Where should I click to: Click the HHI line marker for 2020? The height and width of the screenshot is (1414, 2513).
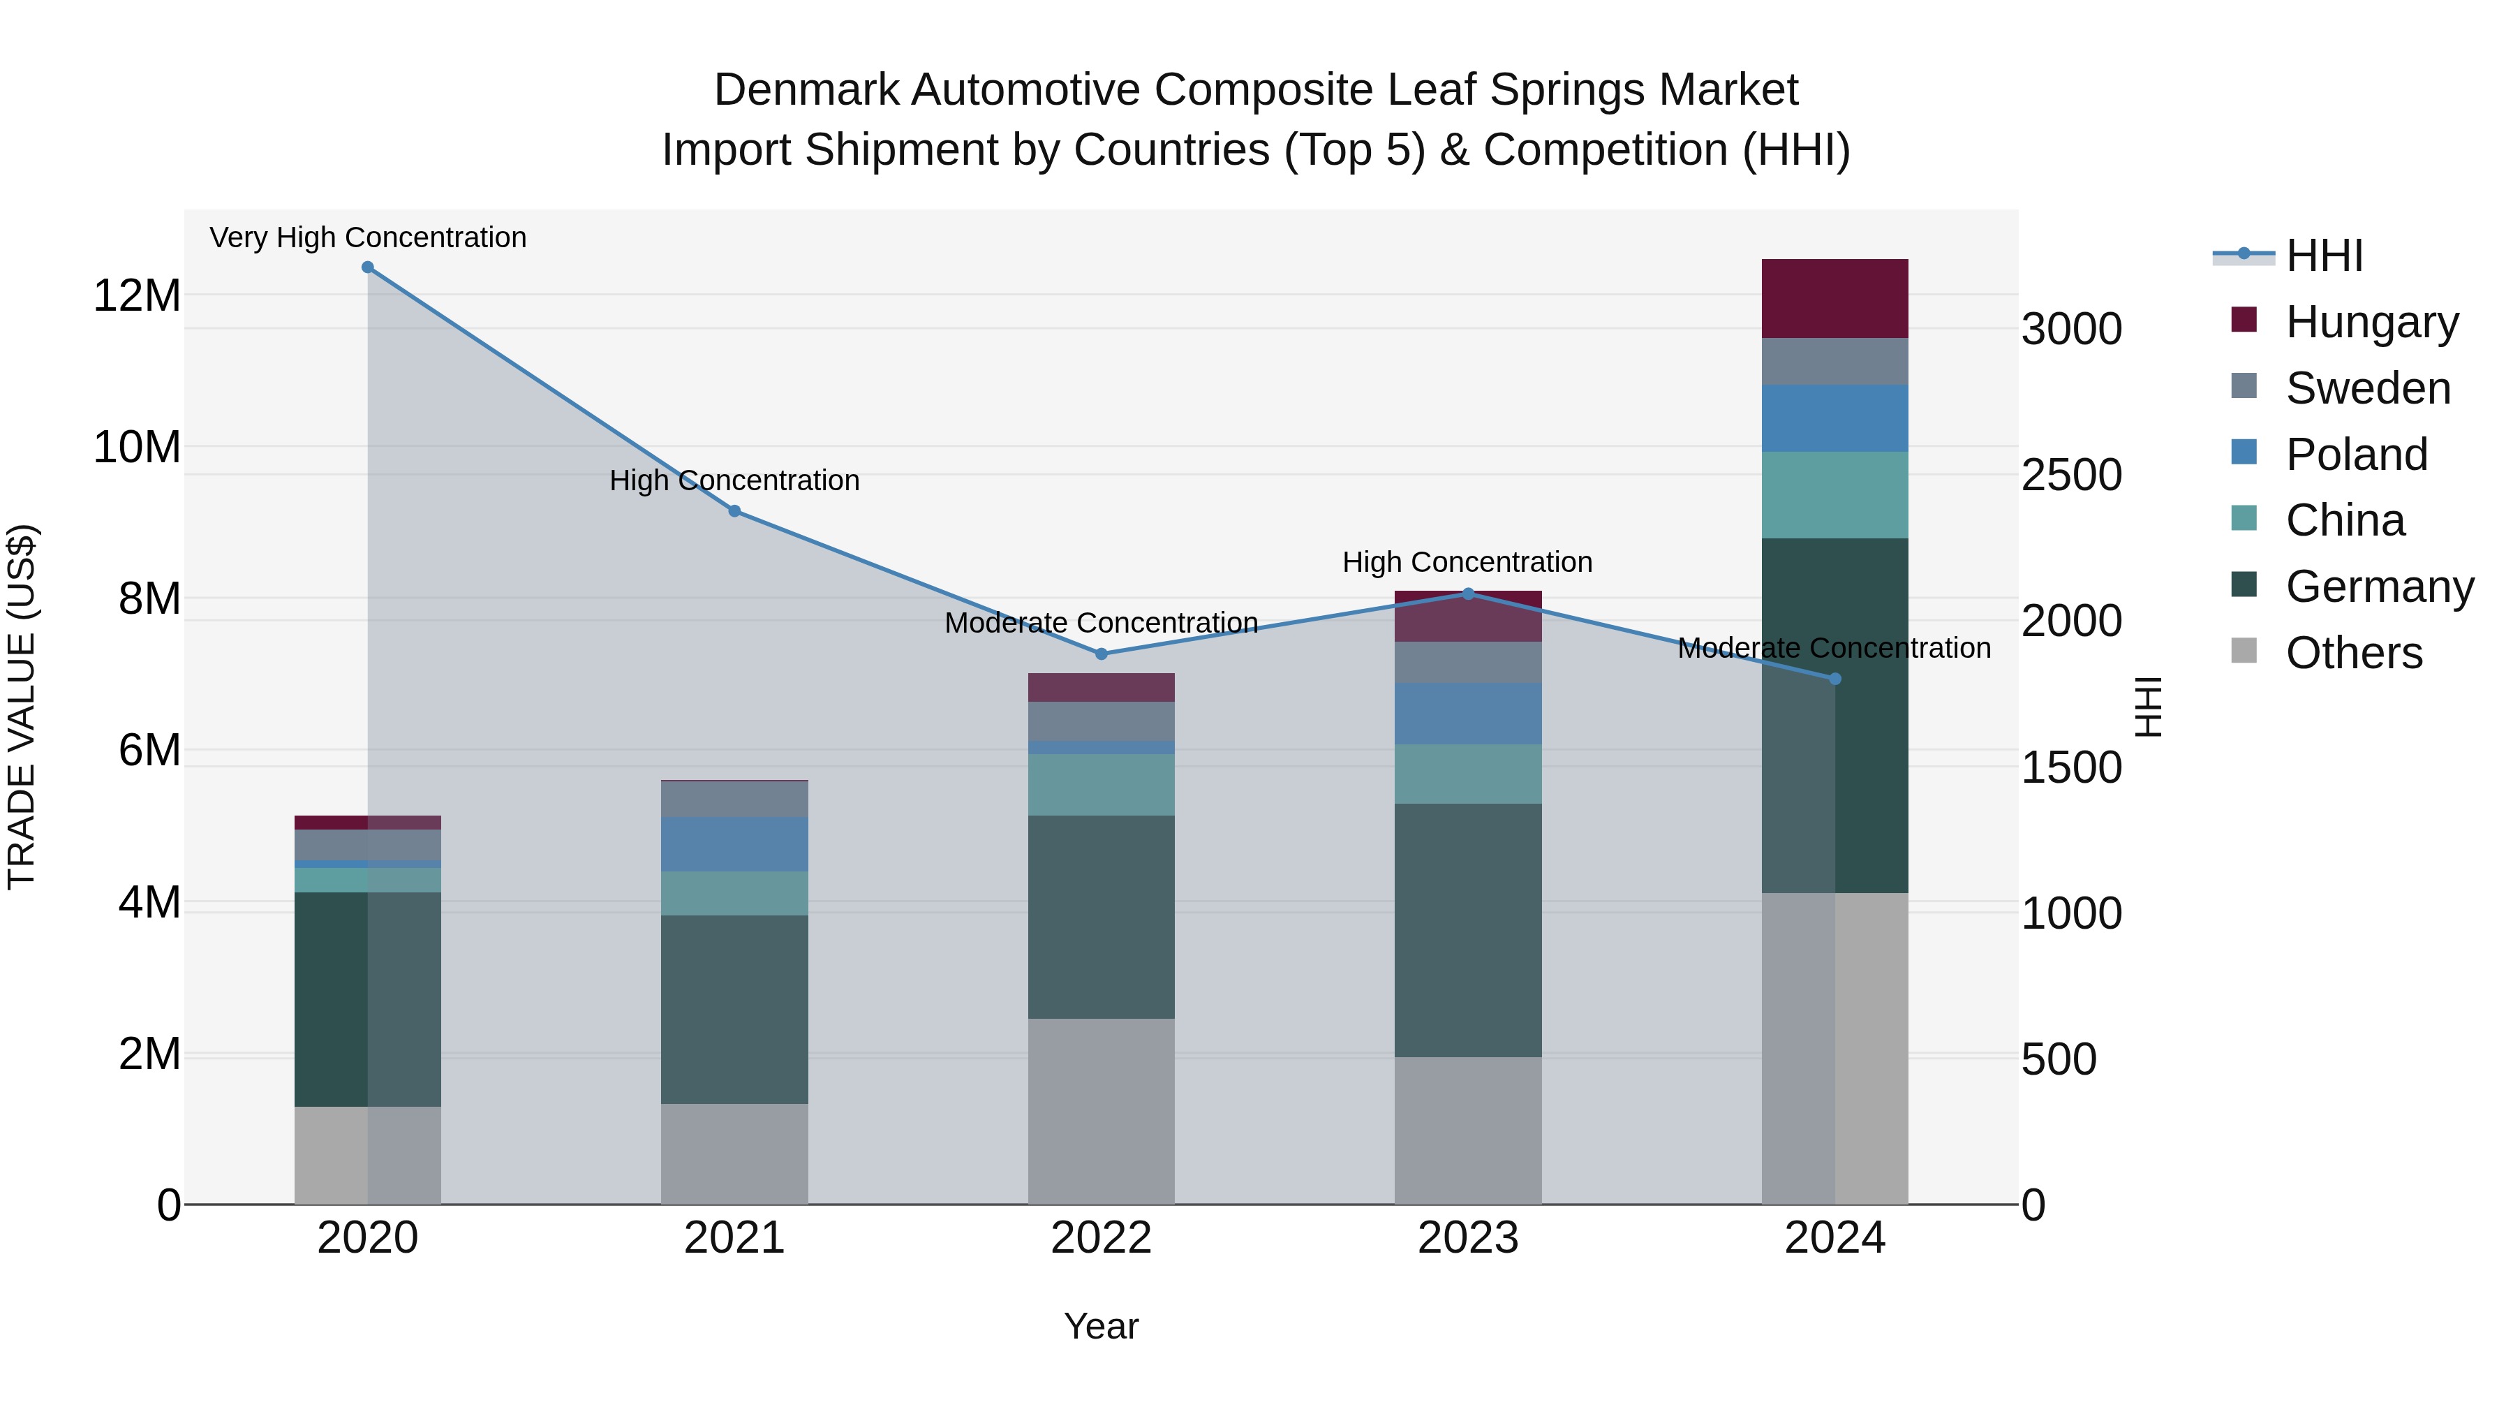(x=368, y=267)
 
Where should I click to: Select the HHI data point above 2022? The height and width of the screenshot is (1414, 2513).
(x=1102, y=654)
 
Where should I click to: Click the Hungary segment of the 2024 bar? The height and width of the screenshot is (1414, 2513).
(x=1835, y=299)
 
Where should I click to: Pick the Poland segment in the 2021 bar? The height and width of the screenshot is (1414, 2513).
(x=734, y=844)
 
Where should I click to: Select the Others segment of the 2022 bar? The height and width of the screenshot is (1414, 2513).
(x=1102, y=1112)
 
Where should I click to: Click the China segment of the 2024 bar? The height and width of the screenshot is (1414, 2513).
(x=1835, y=495)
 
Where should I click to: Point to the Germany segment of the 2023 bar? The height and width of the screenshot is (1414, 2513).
(x=1468, y=930)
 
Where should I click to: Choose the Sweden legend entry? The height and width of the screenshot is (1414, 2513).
(x=2368, y=388)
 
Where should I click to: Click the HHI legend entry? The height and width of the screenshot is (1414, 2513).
(x=2324, y=256)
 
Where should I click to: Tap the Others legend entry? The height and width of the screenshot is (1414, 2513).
(x=2353, y=653)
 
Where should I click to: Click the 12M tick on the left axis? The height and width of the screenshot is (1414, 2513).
(x=137, y=295)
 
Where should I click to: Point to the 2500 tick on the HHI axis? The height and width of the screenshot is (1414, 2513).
(x=2071, y=476)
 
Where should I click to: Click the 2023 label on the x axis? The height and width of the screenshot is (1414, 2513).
(x=1468, y=1238)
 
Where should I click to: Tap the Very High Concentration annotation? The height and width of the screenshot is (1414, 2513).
(x=368, y=237)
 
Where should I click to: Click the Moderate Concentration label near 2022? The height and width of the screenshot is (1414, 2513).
(x=1102, y=623)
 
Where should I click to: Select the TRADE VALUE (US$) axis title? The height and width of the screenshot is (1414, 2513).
(x=22, y=707)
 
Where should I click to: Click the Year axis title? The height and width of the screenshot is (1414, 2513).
(x=1102, y=1326)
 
